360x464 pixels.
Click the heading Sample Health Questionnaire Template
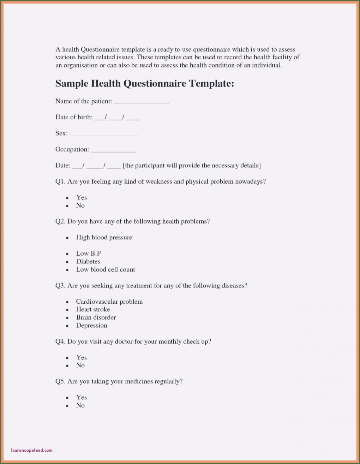click(x=145, y=84)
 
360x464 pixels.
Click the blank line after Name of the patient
click(x=141, y=102)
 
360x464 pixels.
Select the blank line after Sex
click(x=104, y=135)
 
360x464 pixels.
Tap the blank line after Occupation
click(x=113, y=150)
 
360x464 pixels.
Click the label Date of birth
click(x=74, y=117)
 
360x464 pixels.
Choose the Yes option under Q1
click(x=82, y=197)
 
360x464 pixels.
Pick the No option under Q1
click(x=80, y=206)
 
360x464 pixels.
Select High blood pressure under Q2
click(x=104, y=237)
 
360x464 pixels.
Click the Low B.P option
click(x=88, y=253)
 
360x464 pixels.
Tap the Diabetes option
click(x=88, y=261)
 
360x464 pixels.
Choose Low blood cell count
click(x=106, y=269)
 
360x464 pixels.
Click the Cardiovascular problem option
click(x=109, y=302)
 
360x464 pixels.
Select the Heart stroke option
click(x=93, y=309)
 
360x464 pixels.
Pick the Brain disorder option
click(x=96, y=317)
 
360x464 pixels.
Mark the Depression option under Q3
click(x=92, y=326)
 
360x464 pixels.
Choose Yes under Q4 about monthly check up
click(x=82, y=357)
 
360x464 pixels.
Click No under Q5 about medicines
click(x=80, y=405)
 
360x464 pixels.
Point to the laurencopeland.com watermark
click(x=32, y=450)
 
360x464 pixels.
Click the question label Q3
click(x=60, y=285)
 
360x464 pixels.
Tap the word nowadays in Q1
click(x=250, y=182)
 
